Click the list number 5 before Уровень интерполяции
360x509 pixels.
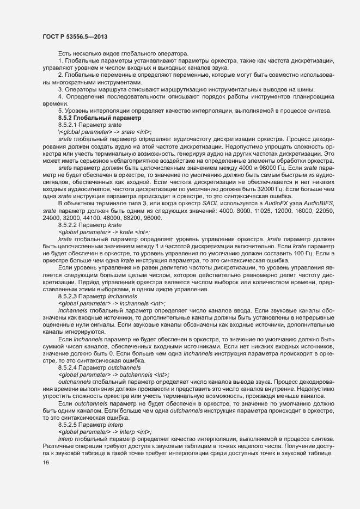click(60, 111)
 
